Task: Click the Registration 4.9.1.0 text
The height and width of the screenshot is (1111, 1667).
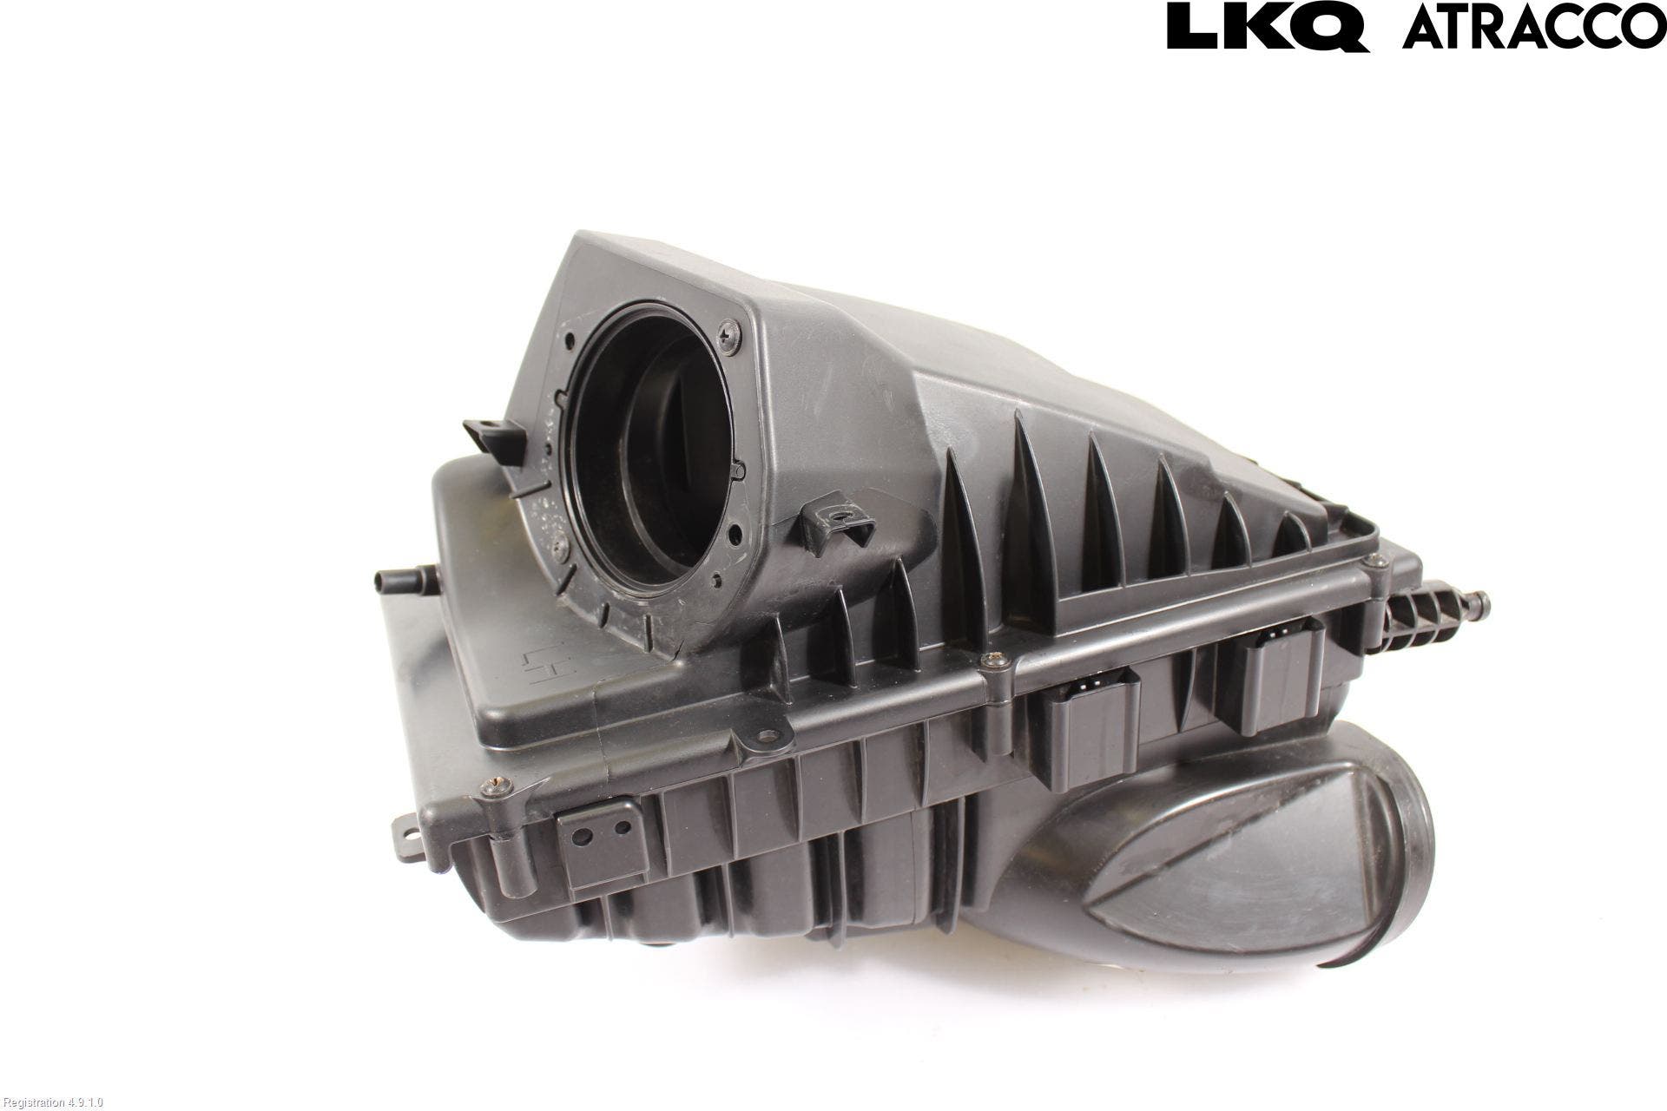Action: pyautogui.click(x=53, y=1102)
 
